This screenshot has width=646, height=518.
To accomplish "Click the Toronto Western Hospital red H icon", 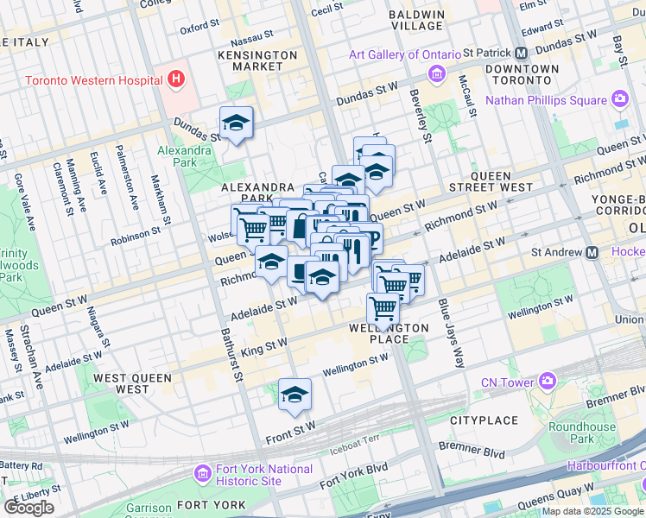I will [177, 80].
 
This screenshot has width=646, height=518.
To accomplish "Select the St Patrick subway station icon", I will [522, 53].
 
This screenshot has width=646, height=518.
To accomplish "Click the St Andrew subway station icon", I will [592, 253].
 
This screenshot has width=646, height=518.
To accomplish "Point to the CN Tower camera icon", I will [548, 381].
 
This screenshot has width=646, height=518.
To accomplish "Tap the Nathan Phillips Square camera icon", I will [620, 99].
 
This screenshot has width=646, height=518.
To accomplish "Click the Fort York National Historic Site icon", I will [203, 474].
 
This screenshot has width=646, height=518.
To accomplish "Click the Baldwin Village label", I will [416, 20].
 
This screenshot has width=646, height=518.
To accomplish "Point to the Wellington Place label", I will [389, 333].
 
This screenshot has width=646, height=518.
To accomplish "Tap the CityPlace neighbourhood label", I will [484, 420].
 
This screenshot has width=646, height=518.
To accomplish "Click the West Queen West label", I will [135, 383].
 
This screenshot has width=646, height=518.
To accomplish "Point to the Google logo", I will [28, 507].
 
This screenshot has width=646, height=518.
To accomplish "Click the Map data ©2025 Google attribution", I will [592, 511].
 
